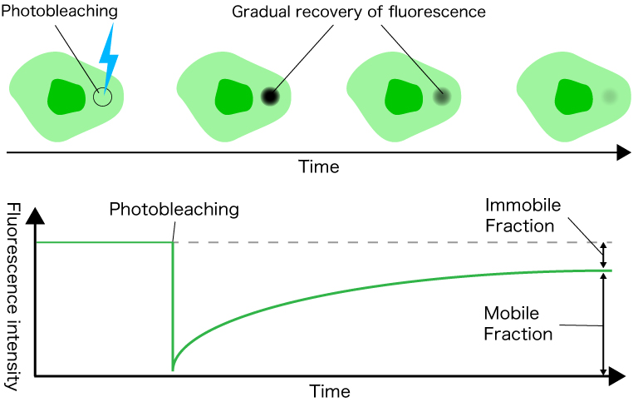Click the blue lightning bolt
click(109, 57)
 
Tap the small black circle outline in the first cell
click(102, 97)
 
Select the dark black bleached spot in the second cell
click(270, 97)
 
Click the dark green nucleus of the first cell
click(66, 97)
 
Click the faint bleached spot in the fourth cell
click(610, 97)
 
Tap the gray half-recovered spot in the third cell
click(440, 97)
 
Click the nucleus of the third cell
click(403, 97)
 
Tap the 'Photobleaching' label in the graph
click(174, 209)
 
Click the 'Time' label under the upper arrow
click(319, 166)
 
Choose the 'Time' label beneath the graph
click(330, 391)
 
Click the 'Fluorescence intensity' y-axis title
click(12, 296)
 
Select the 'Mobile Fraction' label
click(518, 324)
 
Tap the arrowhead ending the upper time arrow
click(622, 152)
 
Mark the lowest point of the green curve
click(173, 369)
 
